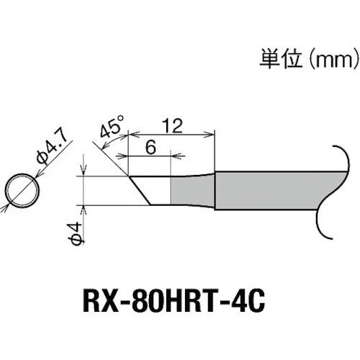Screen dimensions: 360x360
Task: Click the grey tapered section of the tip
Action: [x=193, y=189]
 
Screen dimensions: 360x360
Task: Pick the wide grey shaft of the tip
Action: [x=266, y=189]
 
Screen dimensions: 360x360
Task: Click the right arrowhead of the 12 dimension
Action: [x=212, y=133]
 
